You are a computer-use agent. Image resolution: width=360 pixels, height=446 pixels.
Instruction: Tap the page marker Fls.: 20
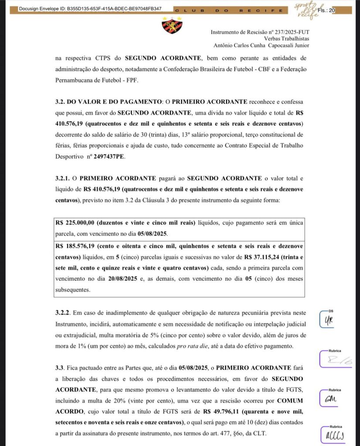326,10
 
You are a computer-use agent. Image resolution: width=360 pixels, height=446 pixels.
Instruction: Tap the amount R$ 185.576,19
76,246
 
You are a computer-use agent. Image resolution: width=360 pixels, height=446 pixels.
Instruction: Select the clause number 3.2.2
64,313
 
